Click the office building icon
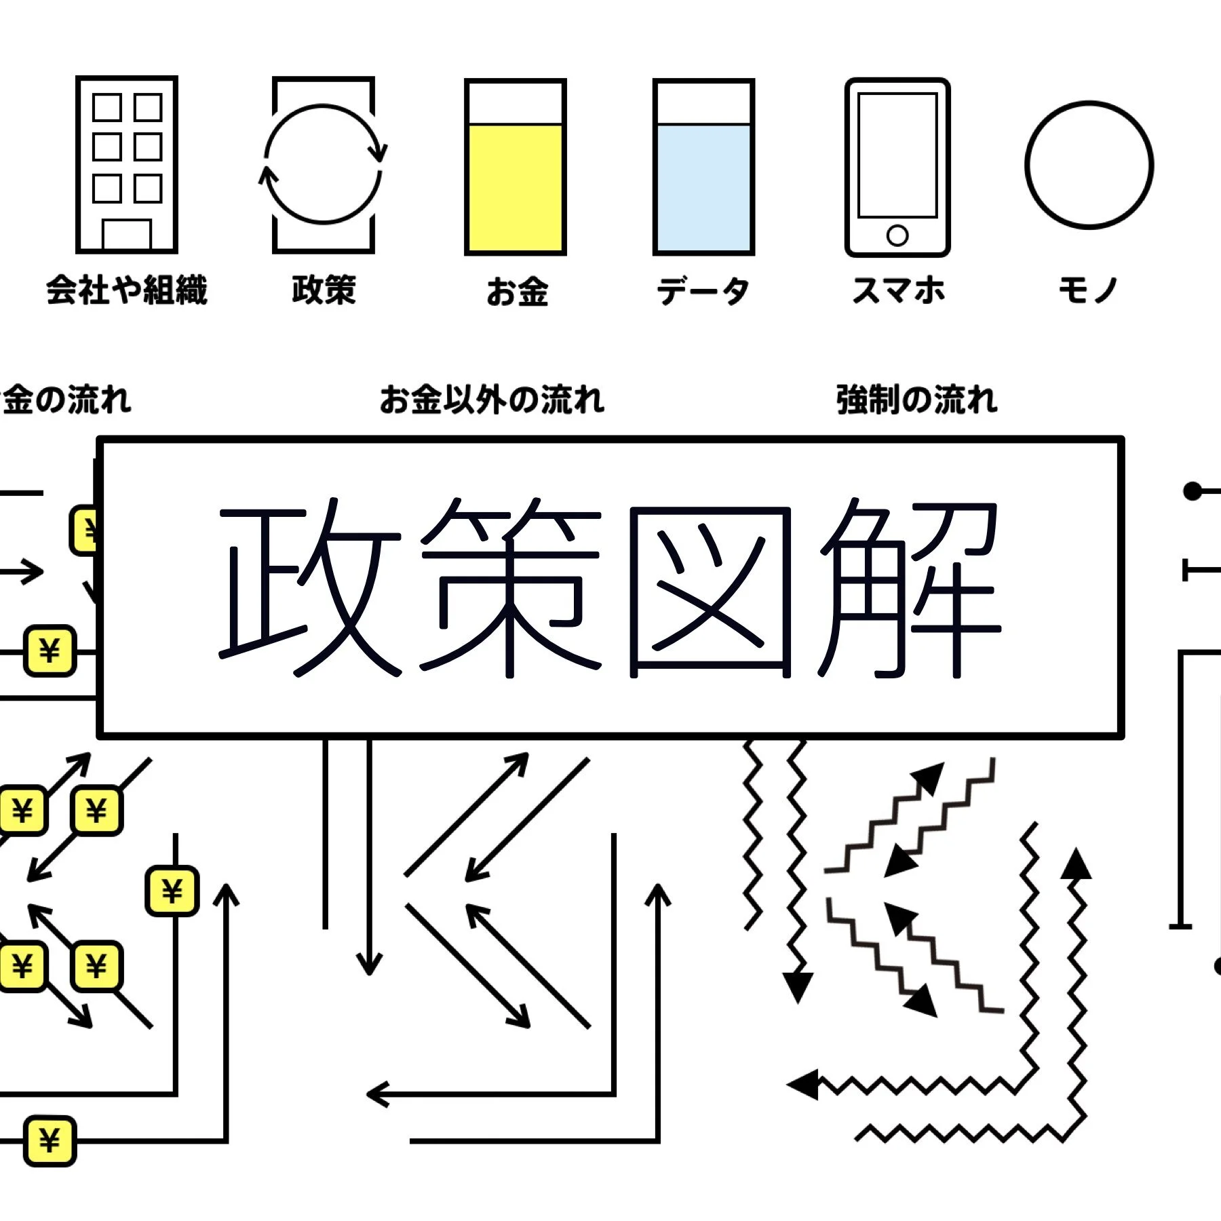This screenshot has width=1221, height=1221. [127, 164]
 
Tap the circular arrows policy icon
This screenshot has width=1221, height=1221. [324, 164]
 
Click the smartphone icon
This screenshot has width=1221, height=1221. [897, 167]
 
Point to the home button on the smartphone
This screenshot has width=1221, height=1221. [897, 235]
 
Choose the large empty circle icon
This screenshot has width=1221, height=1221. [1089, 165]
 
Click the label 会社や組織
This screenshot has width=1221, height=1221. [127, 290]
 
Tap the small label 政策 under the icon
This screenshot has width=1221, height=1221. [324, 290]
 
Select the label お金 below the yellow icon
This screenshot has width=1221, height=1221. [517, 292]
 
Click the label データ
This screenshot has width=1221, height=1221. [703, 292]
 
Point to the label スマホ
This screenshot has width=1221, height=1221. [898, 290]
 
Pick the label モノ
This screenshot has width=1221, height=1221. [1088, 290]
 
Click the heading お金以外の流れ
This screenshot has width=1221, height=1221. [492, 400]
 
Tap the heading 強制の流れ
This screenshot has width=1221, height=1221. [917, 400]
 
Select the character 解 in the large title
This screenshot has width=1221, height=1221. [909, 589]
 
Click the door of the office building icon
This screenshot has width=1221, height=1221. [127, 235]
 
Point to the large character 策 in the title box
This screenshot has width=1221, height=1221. [510, 589]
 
